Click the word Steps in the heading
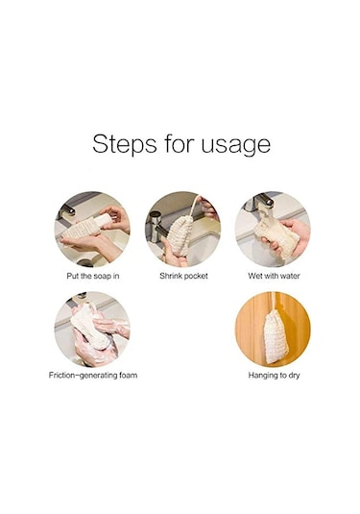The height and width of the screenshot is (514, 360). coord(124,143)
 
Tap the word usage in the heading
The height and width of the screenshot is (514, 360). coord(236,145)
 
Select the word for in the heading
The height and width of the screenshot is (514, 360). coord(179,143)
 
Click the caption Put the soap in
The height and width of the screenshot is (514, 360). coord(93,276)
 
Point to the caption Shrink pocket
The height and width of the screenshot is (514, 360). coord(183,276)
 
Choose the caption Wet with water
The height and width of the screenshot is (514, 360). coord(274,276)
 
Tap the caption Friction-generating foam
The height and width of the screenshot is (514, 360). coord(93,375)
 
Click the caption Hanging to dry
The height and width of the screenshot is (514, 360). coord(274,375)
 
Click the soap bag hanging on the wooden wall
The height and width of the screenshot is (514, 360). coord(276,337)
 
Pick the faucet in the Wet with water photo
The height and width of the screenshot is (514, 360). coord(261,200)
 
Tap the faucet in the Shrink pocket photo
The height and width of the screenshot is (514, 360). coord(156,226)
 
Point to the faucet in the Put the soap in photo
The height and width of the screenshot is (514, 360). coord(67,210)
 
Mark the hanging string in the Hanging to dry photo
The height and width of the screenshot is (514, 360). coord(272,301)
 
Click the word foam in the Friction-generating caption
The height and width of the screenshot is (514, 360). coord(128,375)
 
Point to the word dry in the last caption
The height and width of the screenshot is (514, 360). coord(294,376)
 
